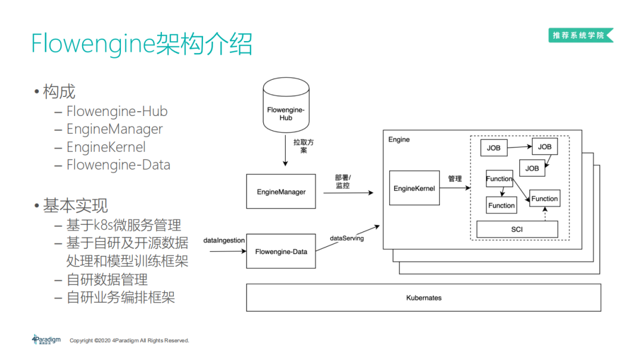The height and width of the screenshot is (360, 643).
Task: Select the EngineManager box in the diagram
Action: coord(281,192)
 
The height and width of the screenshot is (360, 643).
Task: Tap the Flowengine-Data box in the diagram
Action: coord(281,252)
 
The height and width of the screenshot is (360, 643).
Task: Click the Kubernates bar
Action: coord(423,298)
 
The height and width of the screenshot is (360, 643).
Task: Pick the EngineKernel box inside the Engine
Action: coord(414,189)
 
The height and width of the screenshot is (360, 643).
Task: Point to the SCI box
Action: coord(517,229)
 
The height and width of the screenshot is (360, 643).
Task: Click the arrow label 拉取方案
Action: coord(300,146)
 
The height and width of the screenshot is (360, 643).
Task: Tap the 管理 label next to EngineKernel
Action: coord(455,179)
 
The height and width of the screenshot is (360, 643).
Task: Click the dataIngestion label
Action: coord(224,240)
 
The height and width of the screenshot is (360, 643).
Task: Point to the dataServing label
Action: coord(347,238)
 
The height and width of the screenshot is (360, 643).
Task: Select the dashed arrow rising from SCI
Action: coord(544,214)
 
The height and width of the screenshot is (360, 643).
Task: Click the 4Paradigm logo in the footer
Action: coord(46,340)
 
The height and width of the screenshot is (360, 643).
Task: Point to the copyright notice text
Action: coord(129,340)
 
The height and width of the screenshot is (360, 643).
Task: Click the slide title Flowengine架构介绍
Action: coord(142,45)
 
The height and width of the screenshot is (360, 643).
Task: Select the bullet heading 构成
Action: coord(59,92)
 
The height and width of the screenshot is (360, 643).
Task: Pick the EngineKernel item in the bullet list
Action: coord(106,147)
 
